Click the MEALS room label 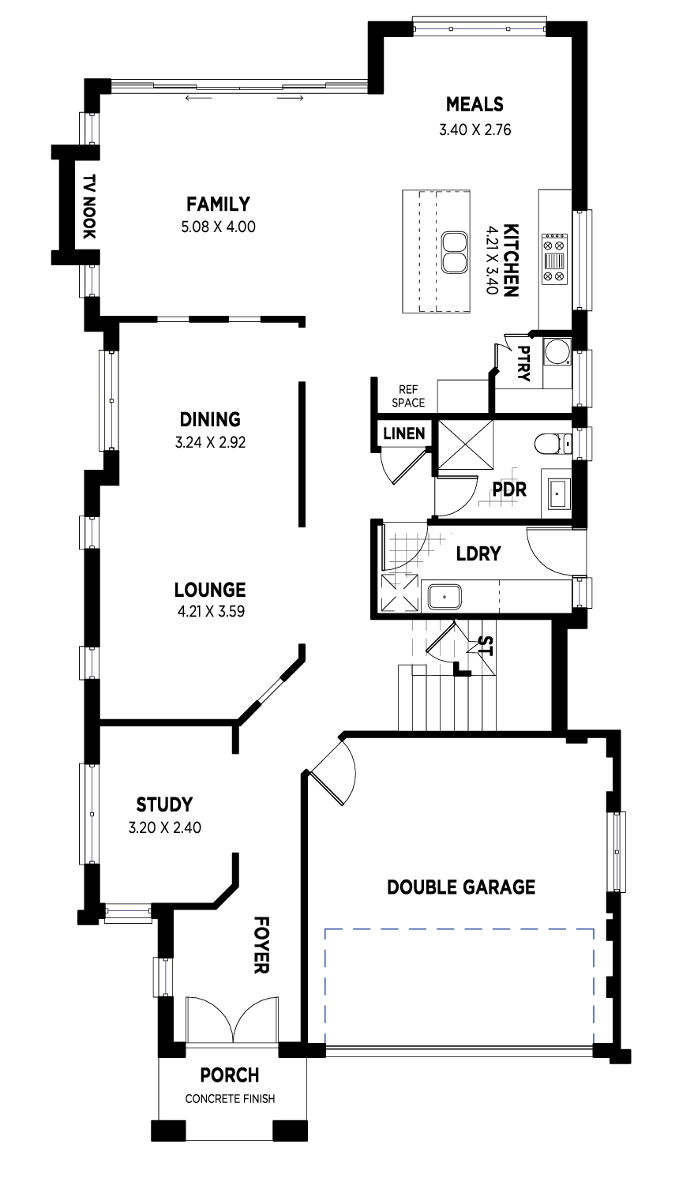(x=475, y=104)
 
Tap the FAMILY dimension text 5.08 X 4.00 (x=218, y=227)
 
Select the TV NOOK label (x=88, y=206)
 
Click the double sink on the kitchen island (x=454, y=252)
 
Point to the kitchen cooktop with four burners (x=554, y=258)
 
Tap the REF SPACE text (x=408, y=396)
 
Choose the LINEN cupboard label (x=404, y=433)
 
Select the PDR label (x=509, y=489)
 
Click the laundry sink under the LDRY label (x=445, y=597)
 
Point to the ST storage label (x=485, y=646)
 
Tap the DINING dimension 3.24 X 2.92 (x=210, y=442)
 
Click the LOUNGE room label (x=210, y=590)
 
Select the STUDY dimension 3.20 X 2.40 (x=164, y=827)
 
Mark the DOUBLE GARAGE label (x=461, y=887)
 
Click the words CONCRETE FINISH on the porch (x=230, y=1099)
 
